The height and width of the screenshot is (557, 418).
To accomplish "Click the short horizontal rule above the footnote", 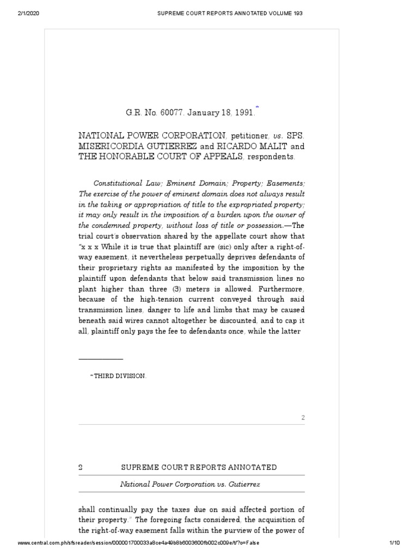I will click(101, 359).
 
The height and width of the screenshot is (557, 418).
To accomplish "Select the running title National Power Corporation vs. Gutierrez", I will click(191, 484).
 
